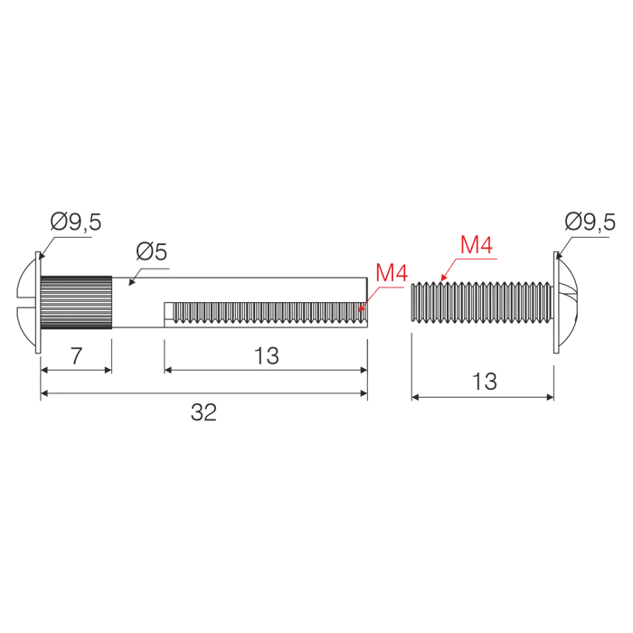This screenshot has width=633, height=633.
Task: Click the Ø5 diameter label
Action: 151,251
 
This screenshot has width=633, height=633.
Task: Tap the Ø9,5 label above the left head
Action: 76,222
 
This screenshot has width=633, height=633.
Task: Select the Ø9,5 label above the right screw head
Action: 590,222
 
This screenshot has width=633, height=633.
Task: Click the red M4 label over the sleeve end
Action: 392,272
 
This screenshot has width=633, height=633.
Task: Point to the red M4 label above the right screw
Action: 477,245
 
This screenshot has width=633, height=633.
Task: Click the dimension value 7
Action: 76,355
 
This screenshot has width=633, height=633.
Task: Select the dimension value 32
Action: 203,412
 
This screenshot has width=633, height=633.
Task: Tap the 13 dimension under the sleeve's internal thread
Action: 267,355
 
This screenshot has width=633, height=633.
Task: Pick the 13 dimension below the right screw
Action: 485,381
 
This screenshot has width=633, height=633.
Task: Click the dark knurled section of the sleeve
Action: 76,302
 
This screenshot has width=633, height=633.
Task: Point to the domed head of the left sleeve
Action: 26,302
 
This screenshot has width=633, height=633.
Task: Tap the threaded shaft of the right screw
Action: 482,302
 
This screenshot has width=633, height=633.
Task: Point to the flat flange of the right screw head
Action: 556,302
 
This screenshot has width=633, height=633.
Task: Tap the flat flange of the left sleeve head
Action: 38,302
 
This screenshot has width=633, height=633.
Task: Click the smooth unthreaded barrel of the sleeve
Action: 240,290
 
